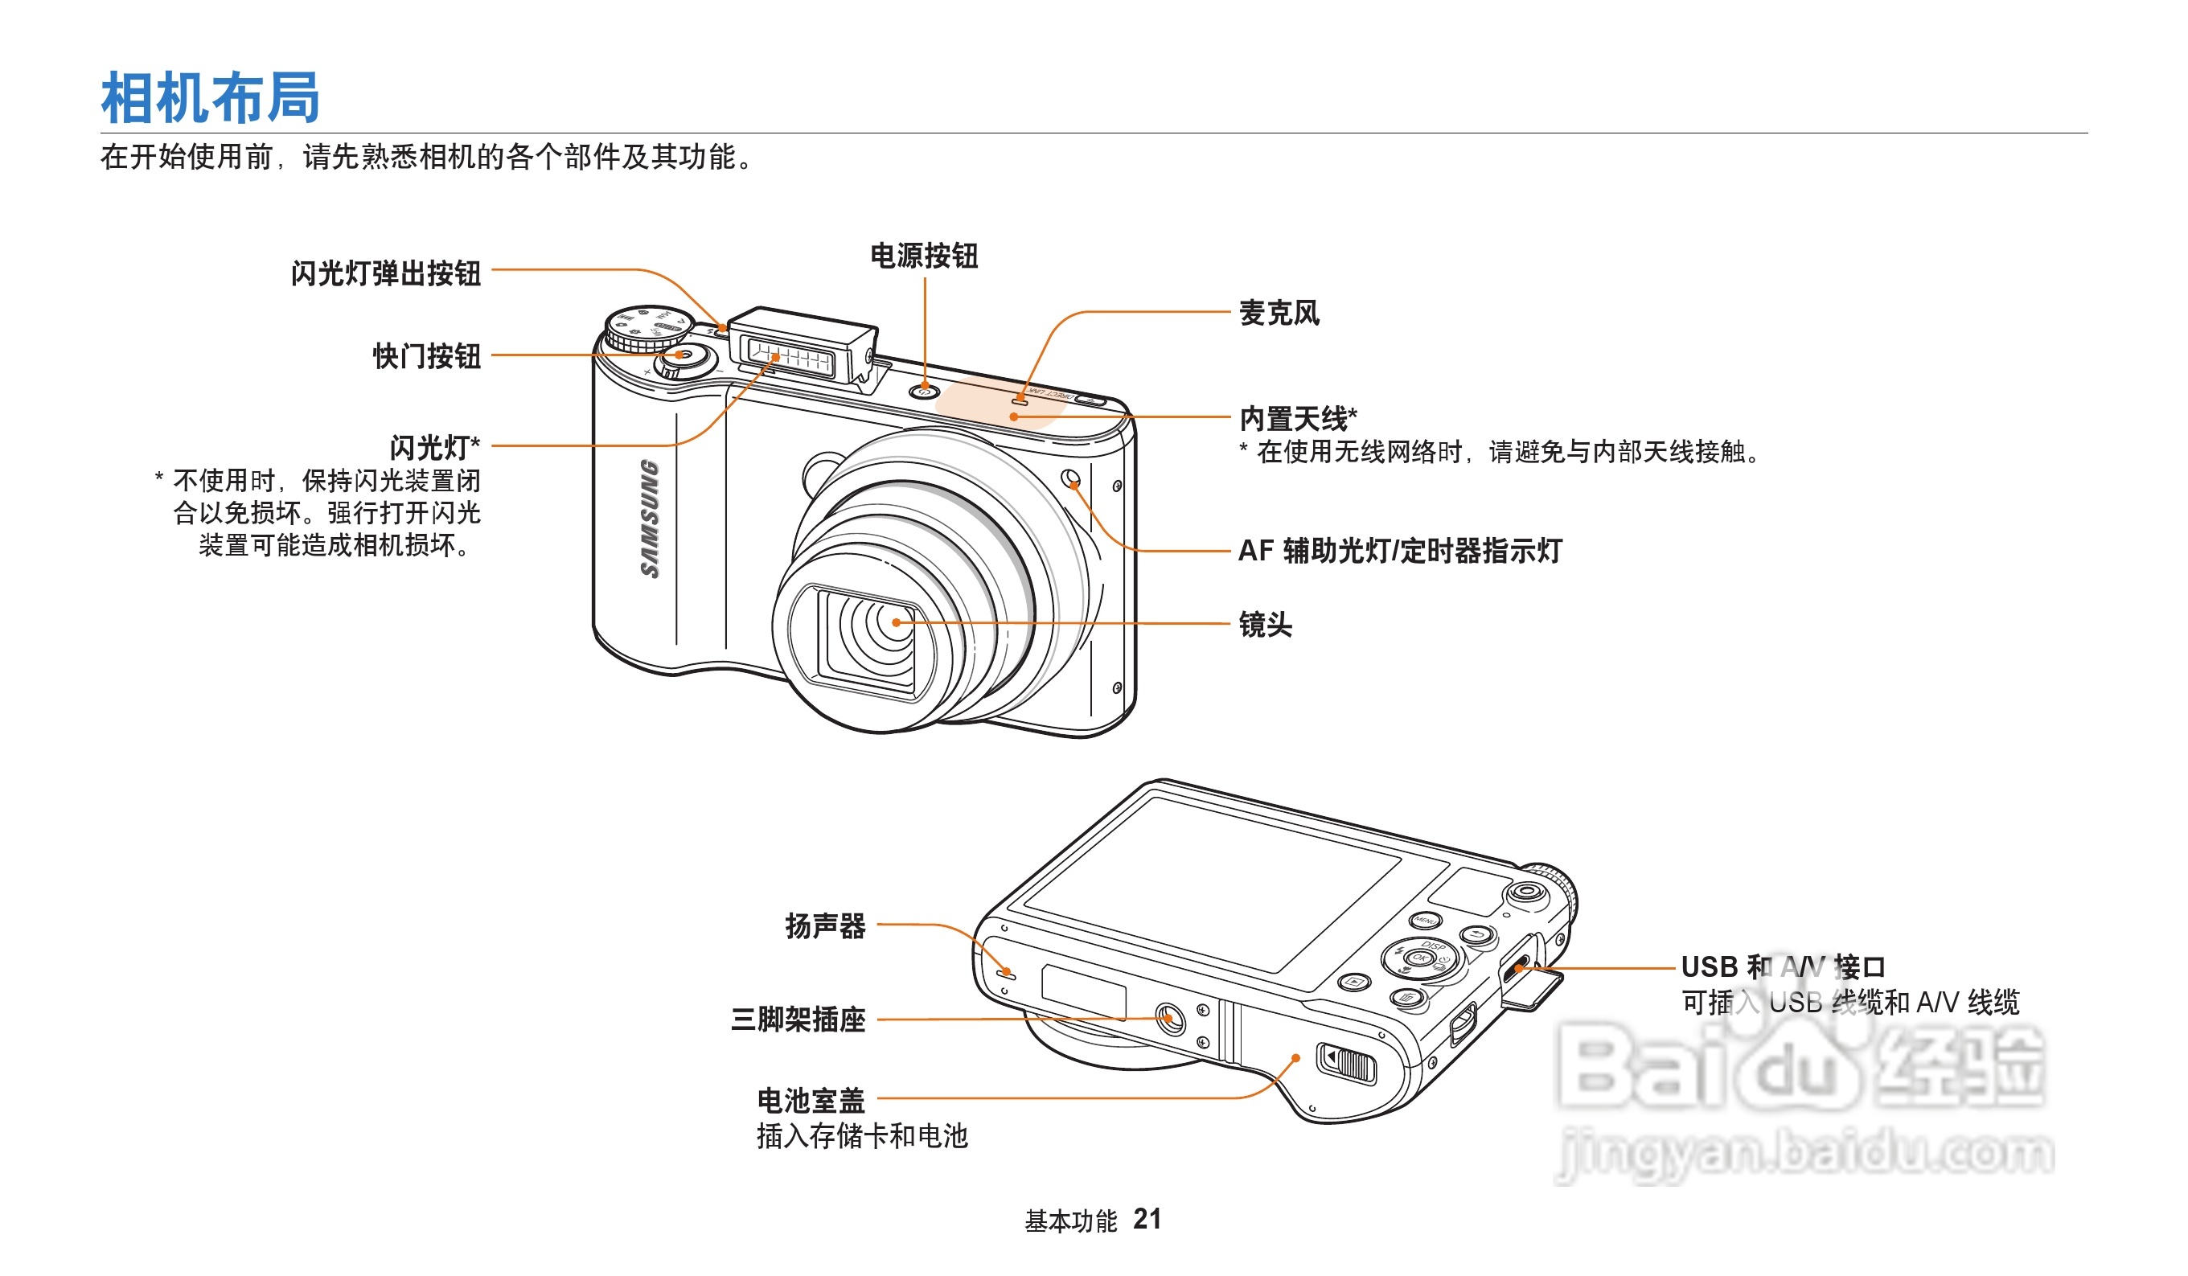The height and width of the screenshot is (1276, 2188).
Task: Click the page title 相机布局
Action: [211, 97]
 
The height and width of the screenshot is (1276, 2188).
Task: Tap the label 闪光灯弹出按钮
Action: [385, 273]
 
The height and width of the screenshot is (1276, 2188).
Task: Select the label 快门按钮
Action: [426, 356]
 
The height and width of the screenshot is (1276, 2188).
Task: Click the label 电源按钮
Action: [924, 256]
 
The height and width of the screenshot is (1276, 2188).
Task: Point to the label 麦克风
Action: [1279, 313]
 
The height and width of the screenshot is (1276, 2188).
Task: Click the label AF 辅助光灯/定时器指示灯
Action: [1400, 550]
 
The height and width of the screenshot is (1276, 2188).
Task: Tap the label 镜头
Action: [1265, 624]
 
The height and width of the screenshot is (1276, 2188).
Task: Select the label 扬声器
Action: [825, 926]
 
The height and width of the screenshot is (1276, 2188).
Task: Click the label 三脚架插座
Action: [798, 1019]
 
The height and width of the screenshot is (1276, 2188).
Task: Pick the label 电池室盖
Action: [811, 1101]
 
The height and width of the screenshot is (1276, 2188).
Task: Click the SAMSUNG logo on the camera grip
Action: [650, 519]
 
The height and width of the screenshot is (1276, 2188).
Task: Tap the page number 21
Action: [1147, 1219]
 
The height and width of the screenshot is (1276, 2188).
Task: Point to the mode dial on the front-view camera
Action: [647, 328]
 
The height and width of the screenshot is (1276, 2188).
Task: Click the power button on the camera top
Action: [925, 392]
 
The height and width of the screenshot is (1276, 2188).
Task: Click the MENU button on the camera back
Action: [1425, 920]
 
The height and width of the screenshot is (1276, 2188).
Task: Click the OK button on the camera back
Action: [1419, 958]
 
